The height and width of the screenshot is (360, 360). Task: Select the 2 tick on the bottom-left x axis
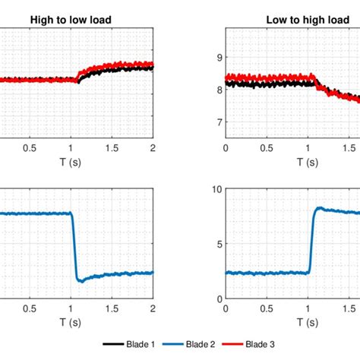click(153, 308)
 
